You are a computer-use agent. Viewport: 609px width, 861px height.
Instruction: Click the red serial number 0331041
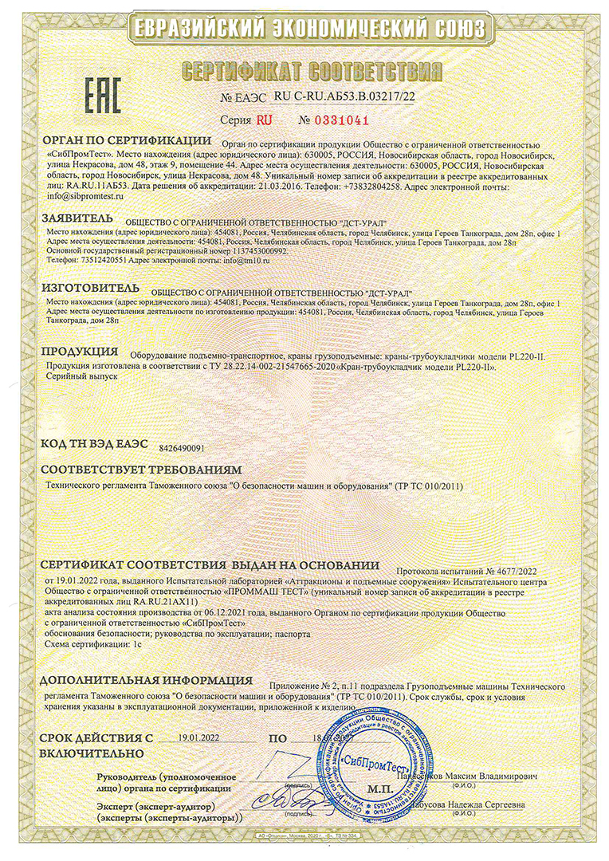coord(336,120)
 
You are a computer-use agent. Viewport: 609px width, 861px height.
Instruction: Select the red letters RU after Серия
coord(264,120)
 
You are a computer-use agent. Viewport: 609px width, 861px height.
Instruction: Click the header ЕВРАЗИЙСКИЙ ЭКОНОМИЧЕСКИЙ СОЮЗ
coord(304,29)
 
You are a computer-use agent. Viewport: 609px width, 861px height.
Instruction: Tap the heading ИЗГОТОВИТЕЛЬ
coord(90,287)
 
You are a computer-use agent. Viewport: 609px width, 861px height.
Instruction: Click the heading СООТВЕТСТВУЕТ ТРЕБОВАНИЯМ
coord(140,470)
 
